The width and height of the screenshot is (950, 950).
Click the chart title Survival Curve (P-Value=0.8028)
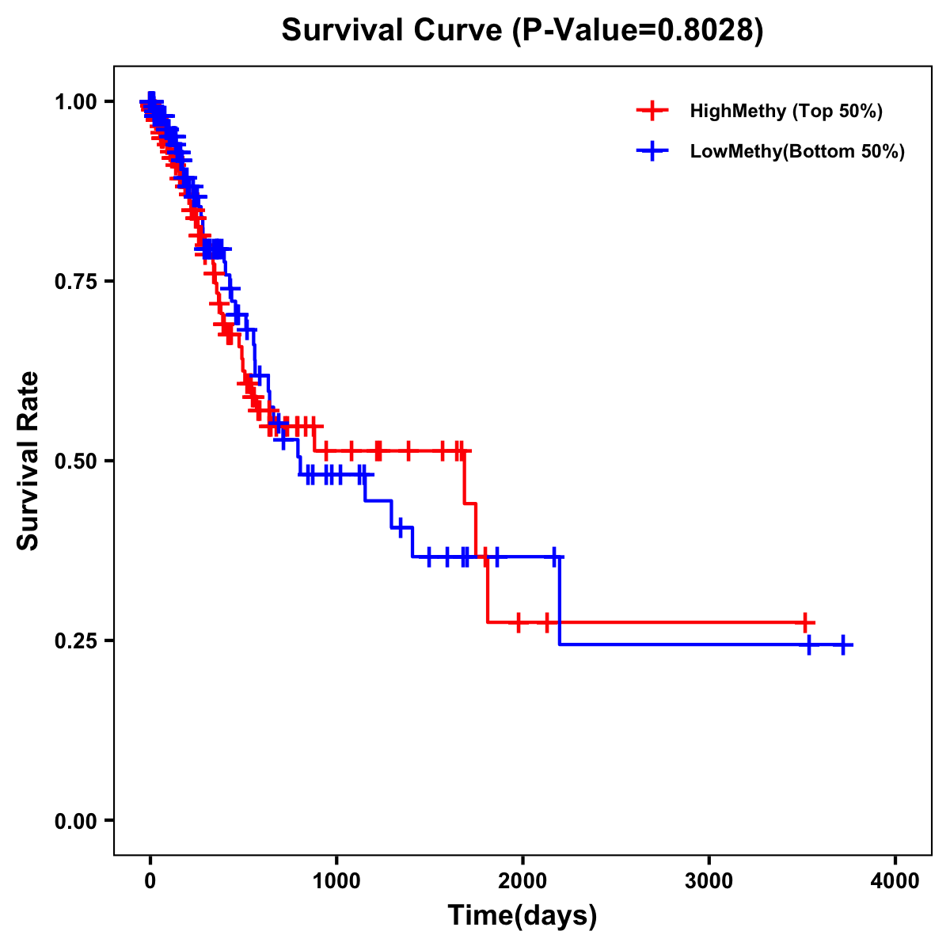pos(522,31)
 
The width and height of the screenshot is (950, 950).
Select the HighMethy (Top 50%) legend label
pos(786,111)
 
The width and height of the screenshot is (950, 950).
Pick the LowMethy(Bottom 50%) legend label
pos(797,151)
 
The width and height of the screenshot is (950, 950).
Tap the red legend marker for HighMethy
pos(652,111)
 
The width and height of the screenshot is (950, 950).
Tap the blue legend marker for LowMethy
pos(652,151)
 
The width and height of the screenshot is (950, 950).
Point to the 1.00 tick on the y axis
pos(75,101)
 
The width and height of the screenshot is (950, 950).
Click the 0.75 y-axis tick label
pos(75,281)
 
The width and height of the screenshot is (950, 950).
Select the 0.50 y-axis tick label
pos(75,461)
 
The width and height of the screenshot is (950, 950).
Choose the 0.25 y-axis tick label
pos(75,640)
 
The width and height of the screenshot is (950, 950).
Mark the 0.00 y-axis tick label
pos(75,820)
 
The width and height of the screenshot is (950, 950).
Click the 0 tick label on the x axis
pos(150,880)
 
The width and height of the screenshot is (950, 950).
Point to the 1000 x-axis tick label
pos(336,880)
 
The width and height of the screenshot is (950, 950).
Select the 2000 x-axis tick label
pos(522,880)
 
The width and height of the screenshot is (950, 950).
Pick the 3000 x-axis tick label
pos(709,880)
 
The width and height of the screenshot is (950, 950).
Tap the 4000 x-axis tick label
pos(895,880)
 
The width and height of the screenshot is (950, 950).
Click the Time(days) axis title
pos(522,916)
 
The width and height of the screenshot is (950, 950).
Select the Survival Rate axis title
pos(28,461)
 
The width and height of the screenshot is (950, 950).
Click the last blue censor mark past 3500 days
pos(843,645)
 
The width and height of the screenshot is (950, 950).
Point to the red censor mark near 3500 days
pos(804,622)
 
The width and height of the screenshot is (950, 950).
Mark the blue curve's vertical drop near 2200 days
pos(560,602)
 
